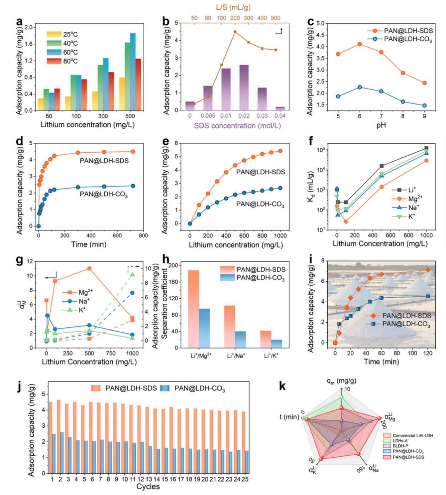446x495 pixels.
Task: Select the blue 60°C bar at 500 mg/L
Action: [x=133, y=72]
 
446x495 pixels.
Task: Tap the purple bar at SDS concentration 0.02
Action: [x=244, y=88]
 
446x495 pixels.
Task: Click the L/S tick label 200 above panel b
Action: [x=235, y=18]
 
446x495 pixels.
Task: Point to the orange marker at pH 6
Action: [x=360, y=44]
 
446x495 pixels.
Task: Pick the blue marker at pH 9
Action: [x=424, y=106]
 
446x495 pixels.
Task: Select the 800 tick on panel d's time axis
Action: [x=143, y=236]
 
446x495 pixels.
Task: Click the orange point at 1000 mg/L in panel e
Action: [x=280, y=151]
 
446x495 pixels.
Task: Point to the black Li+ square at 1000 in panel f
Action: [x=426, y=148]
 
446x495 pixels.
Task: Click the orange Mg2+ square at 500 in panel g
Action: [x=89, y=269]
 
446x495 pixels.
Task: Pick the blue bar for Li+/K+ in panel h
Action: [x=277, y=344]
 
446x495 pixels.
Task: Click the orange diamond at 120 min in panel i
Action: [x=428, y=270]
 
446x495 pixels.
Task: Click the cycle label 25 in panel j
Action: [x=245, y=479]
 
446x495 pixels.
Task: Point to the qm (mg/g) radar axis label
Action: [x=341, y=381]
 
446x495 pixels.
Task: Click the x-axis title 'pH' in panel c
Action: [x=381, y=125]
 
